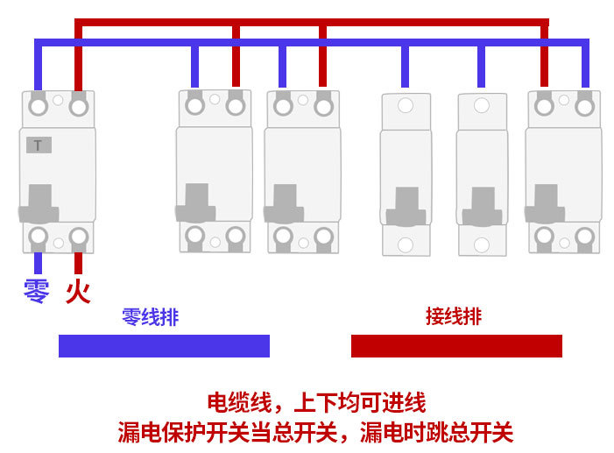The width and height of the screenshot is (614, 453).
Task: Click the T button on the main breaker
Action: point(39,145)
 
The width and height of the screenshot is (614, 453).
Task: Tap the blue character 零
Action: point(37,291)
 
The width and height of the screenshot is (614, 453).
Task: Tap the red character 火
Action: point(78,291)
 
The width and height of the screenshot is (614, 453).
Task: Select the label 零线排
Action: point(150,317)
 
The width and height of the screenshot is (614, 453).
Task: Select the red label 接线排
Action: point(453,316)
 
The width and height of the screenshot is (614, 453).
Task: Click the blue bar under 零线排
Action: point(164,346)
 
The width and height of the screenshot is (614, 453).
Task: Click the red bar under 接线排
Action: point(456,346)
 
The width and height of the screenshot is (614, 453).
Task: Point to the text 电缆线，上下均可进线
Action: point(315,403)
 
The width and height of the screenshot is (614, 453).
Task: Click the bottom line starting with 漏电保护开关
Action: point(315,432)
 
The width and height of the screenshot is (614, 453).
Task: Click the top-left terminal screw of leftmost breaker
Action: point(38,107)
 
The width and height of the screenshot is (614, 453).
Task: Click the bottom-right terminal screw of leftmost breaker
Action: point(79,237)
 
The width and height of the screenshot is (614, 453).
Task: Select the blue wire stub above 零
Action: point(38,263)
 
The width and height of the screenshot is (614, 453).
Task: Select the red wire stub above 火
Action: point(79,263)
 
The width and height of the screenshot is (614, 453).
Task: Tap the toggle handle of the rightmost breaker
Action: point(546,203)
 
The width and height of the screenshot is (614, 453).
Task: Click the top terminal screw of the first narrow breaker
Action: point(405,107)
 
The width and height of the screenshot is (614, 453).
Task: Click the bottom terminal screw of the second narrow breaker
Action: point(482,245)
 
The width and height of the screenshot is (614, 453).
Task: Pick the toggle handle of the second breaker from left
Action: point(197,204)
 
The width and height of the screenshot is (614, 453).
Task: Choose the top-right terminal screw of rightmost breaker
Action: point(585,106)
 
